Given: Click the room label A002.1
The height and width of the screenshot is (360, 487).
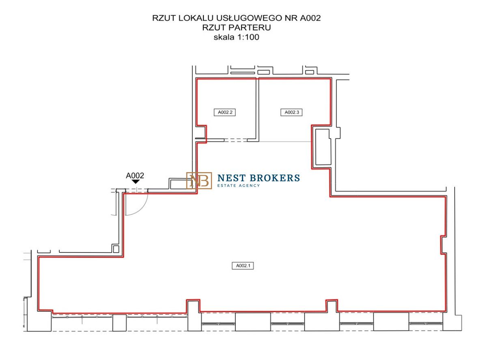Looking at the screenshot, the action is click(243, 265).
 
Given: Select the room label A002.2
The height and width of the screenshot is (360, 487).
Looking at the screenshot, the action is click(224, 112).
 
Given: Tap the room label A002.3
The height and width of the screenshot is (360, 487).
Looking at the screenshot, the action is click(291, 112).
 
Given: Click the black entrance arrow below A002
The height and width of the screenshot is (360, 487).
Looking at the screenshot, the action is click(136, 182).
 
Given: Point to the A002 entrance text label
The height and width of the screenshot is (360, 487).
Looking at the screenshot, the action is click(135, 175).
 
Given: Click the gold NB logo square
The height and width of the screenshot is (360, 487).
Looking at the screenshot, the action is click(199, 181).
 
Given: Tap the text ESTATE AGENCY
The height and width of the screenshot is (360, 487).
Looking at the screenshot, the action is click(239, 185).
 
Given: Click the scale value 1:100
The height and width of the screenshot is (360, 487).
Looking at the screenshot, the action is click(248, 37).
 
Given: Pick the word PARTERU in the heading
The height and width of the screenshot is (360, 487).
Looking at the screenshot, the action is click(250, 28).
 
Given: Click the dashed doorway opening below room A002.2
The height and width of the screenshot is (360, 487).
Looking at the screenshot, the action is click(236, 140).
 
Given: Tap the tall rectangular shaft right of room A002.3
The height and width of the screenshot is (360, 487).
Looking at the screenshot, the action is click(323, 147).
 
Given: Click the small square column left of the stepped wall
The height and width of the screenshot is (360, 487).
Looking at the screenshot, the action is click(116, 249).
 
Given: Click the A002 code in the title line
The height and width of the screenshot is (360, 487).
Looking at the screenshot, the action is click(310, 18).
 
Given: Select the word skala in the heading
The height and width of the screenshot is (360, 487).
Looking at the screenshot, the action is click(224, 37).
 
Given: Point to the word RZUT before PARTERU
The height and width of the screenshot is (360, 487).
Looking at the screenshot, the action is click(214, 28).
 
